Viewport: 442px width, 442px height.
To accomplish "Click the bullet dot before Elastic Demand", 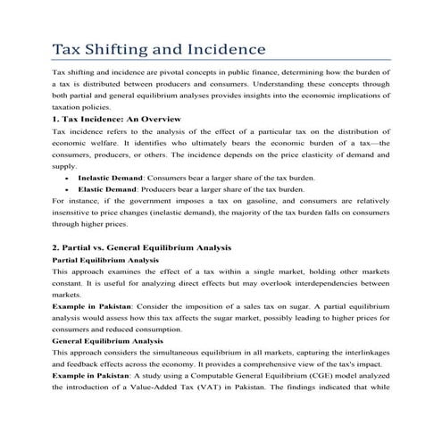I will point(68,190).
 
